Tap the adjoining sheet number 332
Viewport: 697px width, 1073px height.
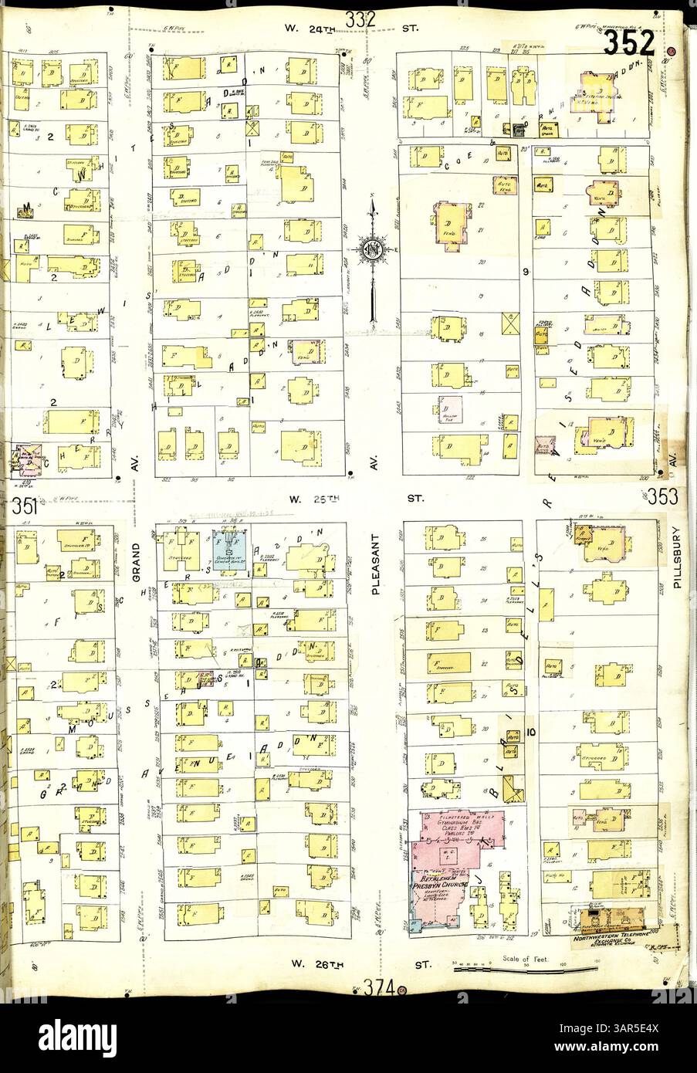[x=360, y=21]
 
